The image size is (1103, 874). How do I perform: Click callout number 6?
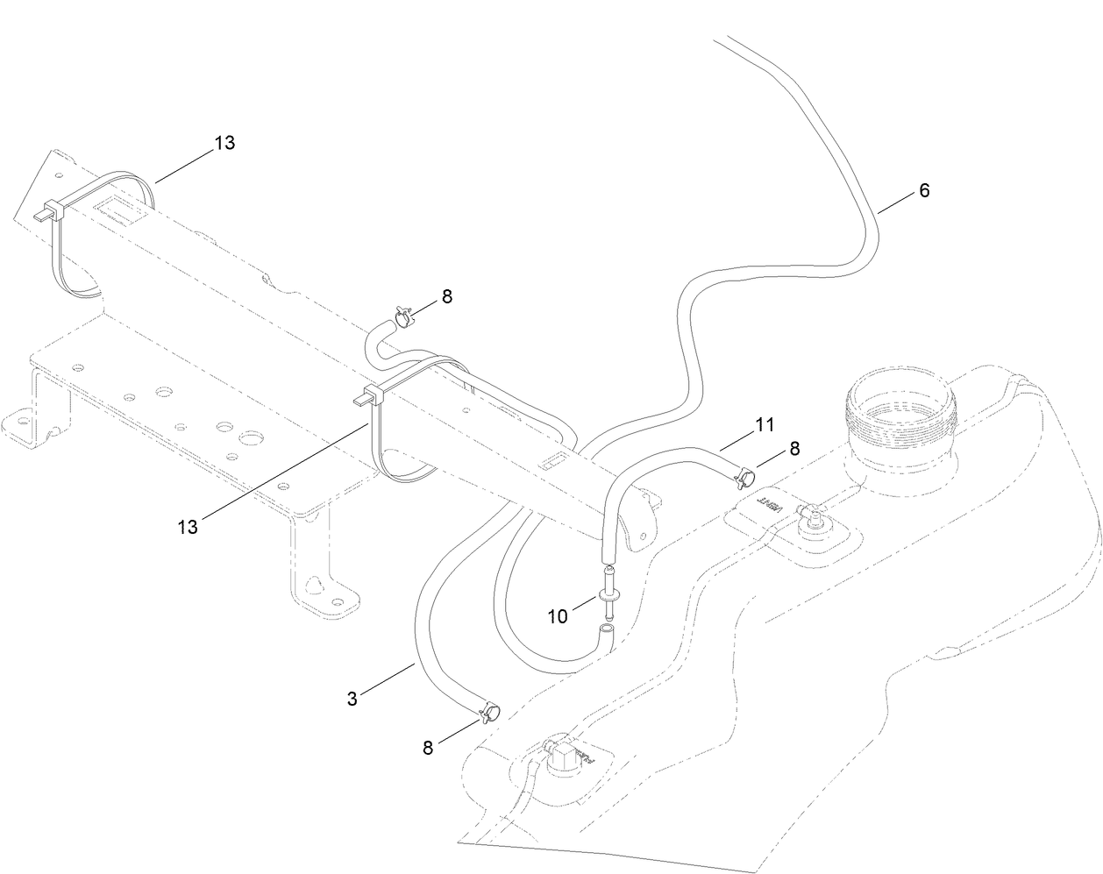(924, 190)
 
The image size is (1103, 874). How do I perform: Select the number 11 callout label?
(765, 425)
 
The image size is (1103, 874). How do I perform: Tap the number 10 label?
(558, 616)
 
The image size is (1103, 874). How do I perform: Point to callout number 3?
(352, 699)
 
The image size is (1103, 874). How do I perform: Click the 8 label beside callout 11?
(794, 448)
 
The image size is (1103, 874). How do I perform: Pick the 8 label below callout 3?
(428, 748)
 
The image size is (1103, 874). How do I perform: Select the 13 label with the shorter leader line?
(224, 143)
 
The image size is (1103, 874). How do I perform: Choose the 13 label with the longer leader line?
(189, 527)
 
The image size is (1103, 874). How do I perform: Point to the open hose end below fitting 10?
(605, 630)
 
